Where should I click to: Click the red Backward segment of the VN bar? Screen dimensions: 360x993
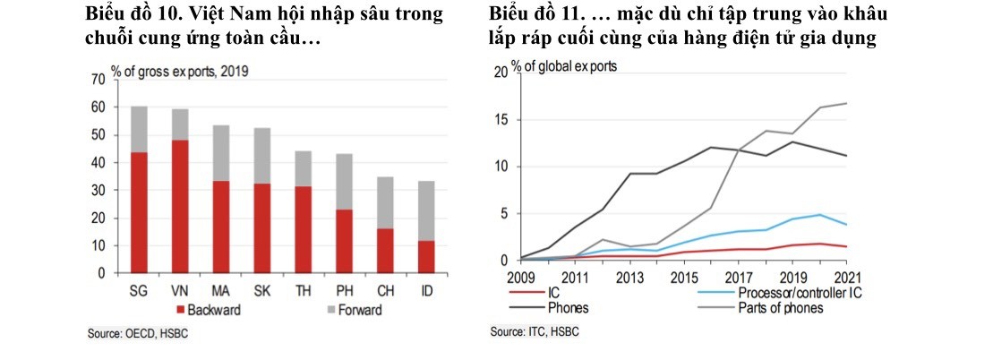click(180, 206)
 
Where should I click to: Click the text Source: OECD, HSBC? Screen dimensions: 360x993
click(138, 334)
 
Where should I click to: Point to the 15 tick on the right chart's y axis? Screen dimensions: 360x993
click(502, 120)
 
